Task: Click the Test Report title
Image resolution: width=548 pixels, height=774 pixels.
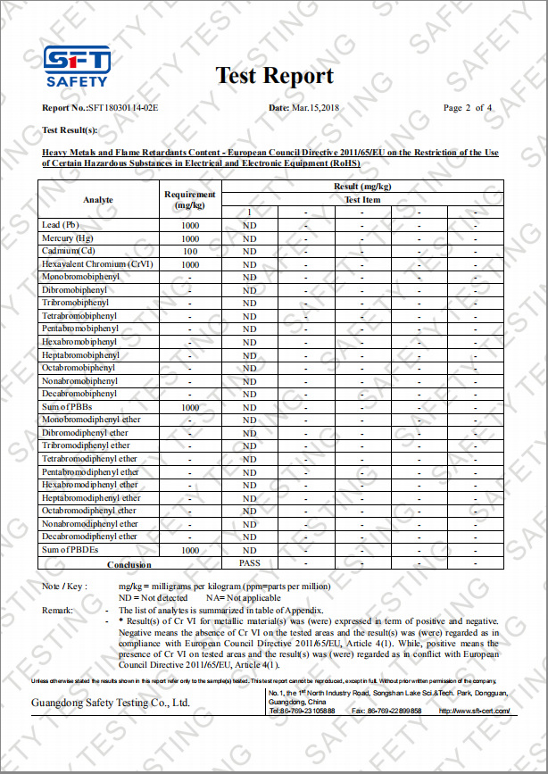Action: pos(274,76)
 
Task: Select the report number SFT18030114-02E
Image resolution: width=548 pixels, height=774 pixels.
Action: pos(122,108)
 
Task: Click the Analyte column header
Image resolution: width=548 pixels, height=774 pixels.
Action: pos(98,199)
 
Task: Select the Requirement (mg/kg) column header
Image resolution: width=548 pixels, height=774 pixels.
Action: pos(190,199)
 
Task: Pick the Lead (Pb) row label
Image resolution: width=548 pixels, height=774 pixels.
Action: pos(61,226)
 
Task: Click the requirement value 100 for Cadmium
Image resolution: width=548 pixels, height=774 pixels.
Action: pos(190,252)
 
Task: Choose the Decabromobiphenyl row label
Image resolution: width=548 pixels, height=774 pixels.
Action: pos(79,394)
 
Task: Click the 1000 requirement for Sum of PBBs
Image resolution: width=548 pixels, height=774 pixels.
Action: pos(190,407)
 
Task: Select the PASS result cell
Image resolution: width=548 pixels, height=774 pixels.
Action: pos(250,563)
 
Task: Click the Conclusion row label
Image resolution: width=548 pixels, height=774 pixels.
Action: pos(129,564)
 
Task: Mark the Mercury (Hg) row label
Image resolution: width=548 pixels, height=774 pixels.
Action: pos(67,239)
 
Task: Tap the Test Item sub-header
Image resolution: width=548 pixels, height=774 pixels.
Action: pos(362,200)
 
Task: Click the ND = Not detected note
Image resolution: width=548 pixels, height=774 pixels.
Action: pos(154,596)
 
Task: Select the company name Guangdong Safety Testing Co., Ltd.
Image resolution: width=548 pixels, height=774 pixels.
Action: pos(111,703)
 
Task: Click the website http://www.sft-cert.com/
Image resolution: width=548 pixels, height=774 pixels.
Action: pos(474,711)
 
